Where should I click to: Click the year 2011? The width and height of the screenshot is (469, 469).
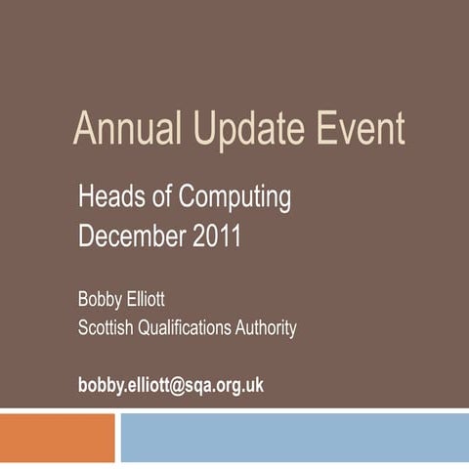[x=214, y=236]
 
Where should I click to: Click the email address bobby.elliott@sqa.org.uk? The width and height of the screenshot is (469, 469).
[x=171, y=385]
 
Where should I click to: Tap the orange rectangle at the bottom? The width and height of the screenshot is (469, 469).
[x=57, y=438]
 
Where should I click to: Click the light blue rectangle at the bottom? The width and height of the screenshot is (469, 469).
[x=293, y=438]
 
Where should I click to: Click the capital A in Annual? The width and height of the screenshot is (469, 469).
[x=85, y=129]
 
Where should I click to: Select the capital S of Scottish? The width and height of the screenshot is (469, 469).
[x=83, y=328]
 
